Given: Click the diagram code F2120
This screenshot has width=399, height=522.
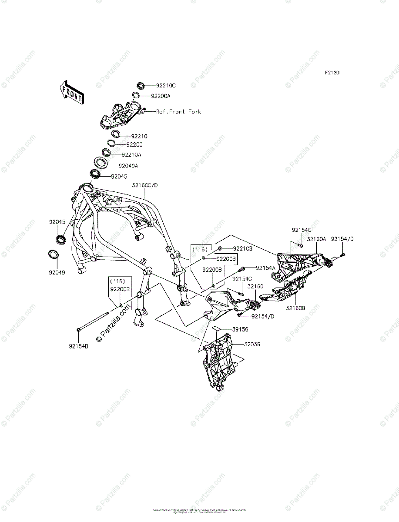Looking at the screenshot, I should (331, 73).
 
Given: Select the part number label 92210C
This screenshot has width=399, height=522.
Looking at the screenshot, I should (166, 86).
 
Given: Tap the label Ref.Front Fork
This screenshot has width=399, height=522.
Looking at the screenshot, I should (179, 112).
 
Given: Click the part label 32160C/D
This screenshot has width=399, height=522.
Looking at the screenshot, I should (145, 185).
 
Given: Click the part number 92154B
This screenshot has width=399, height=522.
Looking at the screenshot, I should (78, 346).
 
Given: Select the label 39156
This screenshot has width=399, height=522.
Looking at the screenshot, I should (240, 329).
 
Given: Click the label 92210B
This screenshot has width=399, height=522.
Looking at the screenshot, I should (242, 248).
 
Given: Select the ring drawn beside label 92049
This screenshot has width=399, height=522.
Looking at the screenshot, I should (53, 254).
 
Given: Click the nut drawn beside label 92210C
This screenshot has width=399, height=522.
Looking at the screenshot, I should (141, 85).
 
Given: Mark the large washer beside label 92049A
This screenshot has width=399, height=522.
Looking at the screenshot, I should (101, 164).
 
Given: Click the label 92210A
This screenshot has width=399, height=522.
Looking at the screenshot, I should (131, 154).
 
